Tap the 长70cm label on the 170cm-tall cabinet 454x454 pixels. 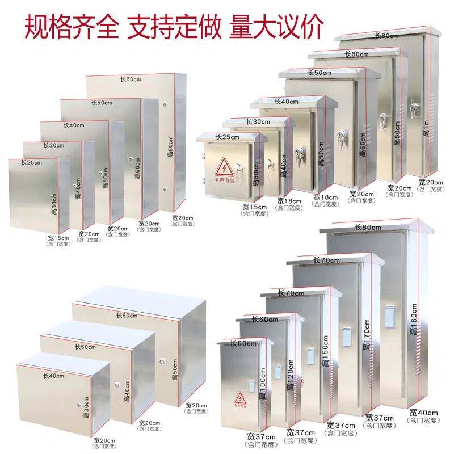point(327,260)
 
